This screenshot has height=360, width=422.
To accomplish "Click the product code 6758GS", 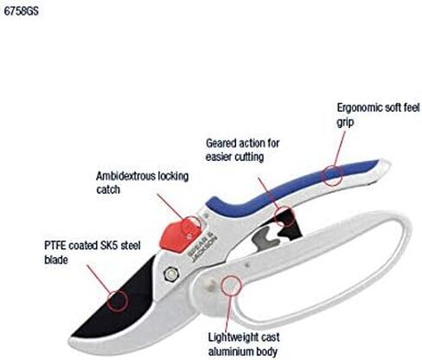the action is pos(21,11).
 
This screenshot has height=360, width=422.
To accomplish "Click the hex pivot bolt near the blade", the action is pos(170,273).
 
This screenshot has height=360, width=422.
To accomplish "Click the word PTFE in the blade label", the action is pos(55,246).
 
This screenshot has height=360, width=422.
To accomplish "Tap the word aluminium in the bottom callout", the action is pos(230,351).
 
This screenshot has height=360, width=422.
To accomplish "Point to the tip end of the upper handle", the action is pos(389,165).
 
